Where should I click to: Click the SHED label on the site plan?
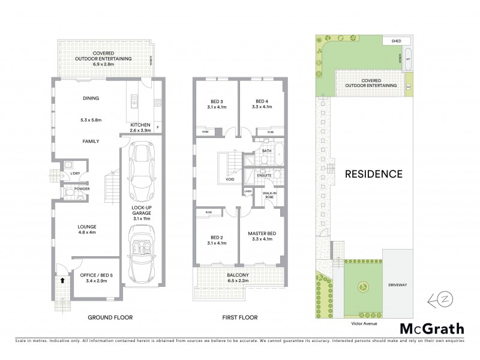[x=396, y=42]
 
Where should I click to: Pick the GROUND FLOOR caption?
[x=110, y=317]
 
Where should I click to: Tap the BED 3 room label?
[x=216, y=101]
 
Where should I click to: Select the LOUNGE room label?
[x=87, y=226]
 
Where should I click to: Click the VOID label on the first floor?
[x=230, y=179]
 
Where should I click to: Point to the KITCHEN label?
[x=140, y=125]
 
